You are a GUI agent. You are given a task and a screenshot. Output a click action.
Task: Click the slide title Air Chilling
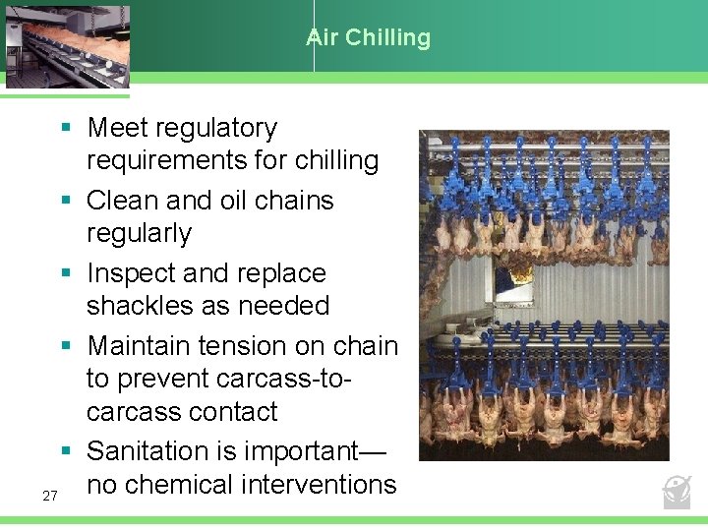pos(369,38)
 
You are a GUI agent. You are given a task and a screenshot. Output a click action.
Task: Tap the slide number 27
pos(50,496)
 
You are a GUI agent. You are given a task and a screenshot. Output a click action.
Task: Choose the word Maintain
pos(139,346)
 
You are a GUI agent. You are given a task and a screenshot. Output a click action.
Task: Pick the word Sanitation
pos(151,451)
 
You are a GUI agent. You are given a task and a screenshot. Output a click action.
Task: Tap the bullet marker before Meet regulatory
pos(65,129)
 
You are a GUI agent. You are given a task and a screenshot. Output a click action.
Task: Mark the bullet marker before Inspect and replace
pos(65,274)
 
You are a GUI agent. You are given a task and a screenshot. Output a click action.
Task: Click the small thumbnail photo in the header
pos(66,45)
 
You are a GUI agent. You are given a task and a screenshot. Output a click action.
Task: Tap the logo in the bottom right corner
pos(677,491)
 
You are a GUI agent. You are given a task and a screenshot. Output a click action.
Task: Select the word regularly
pos(139,233)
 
